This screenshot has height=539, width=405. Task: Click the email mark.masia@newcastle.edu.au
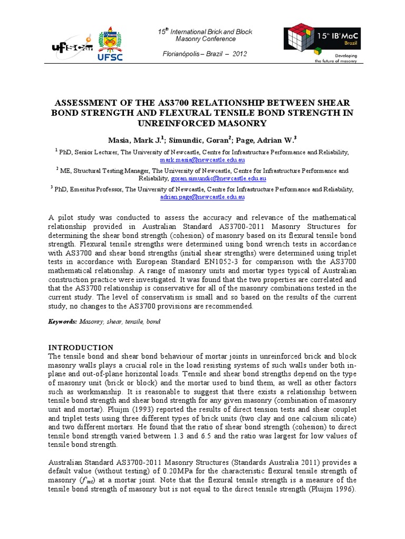[x=202, y=159]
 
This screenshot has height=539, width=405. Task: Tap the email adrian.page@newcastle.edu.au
[x=202, y=197]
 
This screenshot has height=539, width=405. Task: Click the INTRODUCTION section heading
[x=81, y=347]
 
